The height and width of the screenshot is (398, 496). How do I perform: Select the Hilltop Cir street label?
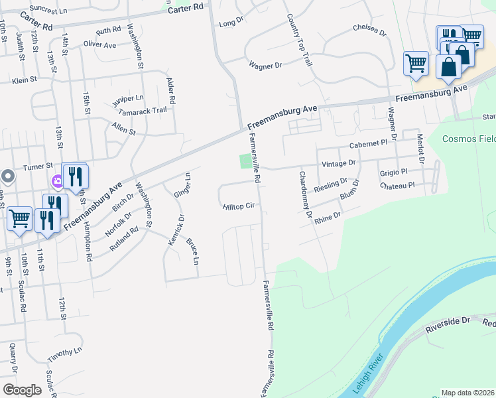point(239,207)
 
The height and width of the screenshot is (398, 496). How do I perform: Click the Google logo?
point(22,390)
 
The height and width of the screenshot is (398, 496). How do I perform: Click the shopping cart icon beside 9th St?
point(19,218)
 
